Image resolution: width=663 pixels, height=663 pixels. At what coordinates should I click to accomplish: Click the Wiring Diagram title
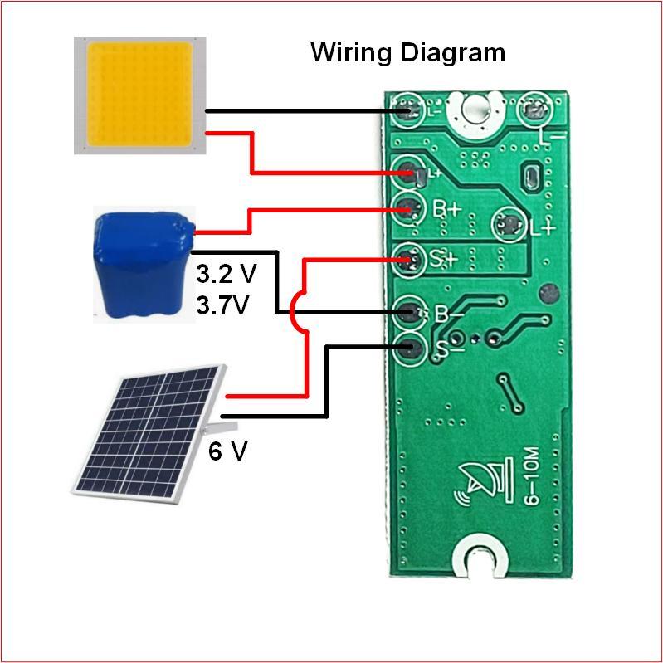click(x=407, y=52)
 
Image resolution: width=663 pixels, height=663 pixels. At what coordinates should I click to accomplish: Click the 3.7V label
click(x=222, y=305)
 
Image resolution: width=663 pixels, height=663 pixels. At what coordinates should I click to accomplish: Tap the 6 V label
click(x=227, y=451)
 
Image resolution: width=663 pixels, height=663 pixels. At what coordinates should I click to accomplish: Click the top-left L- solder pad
click(x=407, y=110)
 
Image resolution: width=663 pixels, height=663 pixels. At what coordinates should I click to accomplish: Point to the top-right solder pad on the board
click(x=532, y=110)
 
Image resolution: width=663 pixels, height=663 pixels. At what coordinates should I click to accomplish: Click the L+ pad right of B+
click(x=508, y=224)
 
